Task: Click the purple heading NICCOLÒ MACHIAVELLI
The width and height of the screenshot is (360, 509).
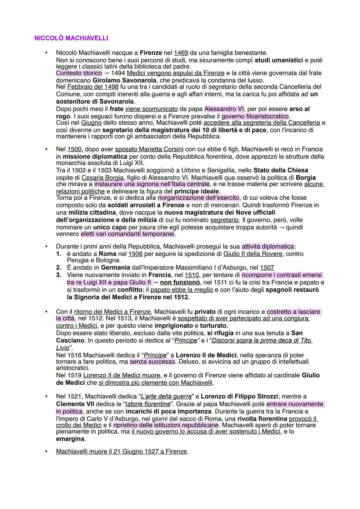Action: [x=71, y=38]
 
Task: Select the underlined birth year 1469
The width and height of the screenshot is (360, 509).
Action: [x=181, y=53]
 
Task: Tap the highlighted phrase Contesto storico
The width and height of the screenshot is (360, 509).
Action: [x=79, y=73]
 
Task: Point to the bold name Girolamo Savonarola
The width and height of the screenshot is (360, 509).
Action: [x=124, y=80]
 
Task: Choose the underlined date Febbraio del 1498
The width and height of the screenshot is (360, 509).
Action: [x=93, y=87]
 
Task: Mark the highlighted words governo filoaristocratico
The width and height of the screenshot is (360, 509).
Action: [x=255, y=116]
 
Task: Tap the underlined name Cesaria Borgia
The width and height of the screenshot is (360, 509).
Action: [x=102, y=178]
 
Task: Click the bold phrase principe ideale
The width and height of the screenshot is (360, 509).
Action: [x=197, y=191]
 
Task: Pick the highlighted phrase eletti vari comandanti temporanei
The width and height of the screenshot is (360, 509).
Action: [x=128, y=234]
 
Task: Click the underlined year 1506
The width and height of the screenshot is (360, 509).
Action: [x=135, y=254]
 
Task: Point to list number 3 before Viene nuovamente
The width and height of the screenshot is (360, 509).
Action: [x=59, y=275]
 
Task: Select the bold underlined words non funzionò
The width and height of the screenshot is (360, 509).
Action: [x=180, y=283]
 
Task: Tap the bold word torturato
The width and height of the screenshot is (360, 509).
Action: [x=213, y=326]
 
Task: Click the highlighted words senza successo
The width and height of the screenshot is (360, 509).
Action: [x=152, y=362]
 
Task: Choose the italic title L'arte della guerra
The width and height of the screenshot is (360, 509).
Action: [x=166, y=397]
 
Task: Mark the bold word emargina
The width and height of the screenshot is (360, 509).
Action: [x=70, y=439]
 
